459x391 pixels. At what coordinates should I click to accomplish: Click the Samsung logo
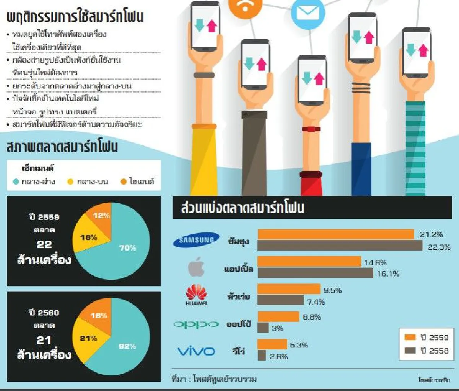[196, 240]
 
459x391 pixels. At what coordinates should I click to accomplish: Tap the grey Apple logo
[196, 268]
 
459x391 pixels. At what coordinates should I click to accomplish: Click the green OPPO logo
[196, 324]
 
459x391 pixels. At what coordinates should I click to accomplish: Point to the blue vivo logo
[196, 351]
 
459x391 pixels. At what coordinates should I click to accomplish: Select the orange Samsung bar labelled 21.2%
[336, 234]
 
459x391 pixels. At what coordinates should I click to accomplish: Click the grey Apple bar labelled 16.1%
[315, 273]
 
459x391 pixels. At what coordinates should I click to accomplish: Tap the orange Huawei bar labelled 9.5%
[289, 289]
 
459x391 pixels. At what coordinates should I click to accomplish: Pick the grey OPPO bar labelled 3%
[263, 328]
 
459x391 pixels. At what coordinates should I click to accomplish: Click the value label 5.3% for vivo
[299, 345]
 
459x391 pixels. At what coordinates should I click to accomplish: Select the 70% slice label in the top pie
[127, 248]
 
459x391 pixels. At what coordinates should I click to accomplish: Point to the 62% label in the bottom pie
[127, 346]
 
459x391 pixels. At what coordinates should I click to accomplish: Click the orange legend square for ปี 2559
[410, 337]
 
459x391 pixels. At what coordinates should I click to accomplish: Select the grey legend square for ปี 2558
[410, 350]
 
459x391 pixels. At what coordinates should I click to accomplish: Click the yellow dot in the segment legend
[70, 182]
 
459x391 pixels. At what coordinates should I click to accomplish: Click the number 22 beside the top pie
[44, 244]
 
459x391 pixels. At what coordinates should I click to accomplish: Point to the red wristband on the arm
[311, 129]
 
